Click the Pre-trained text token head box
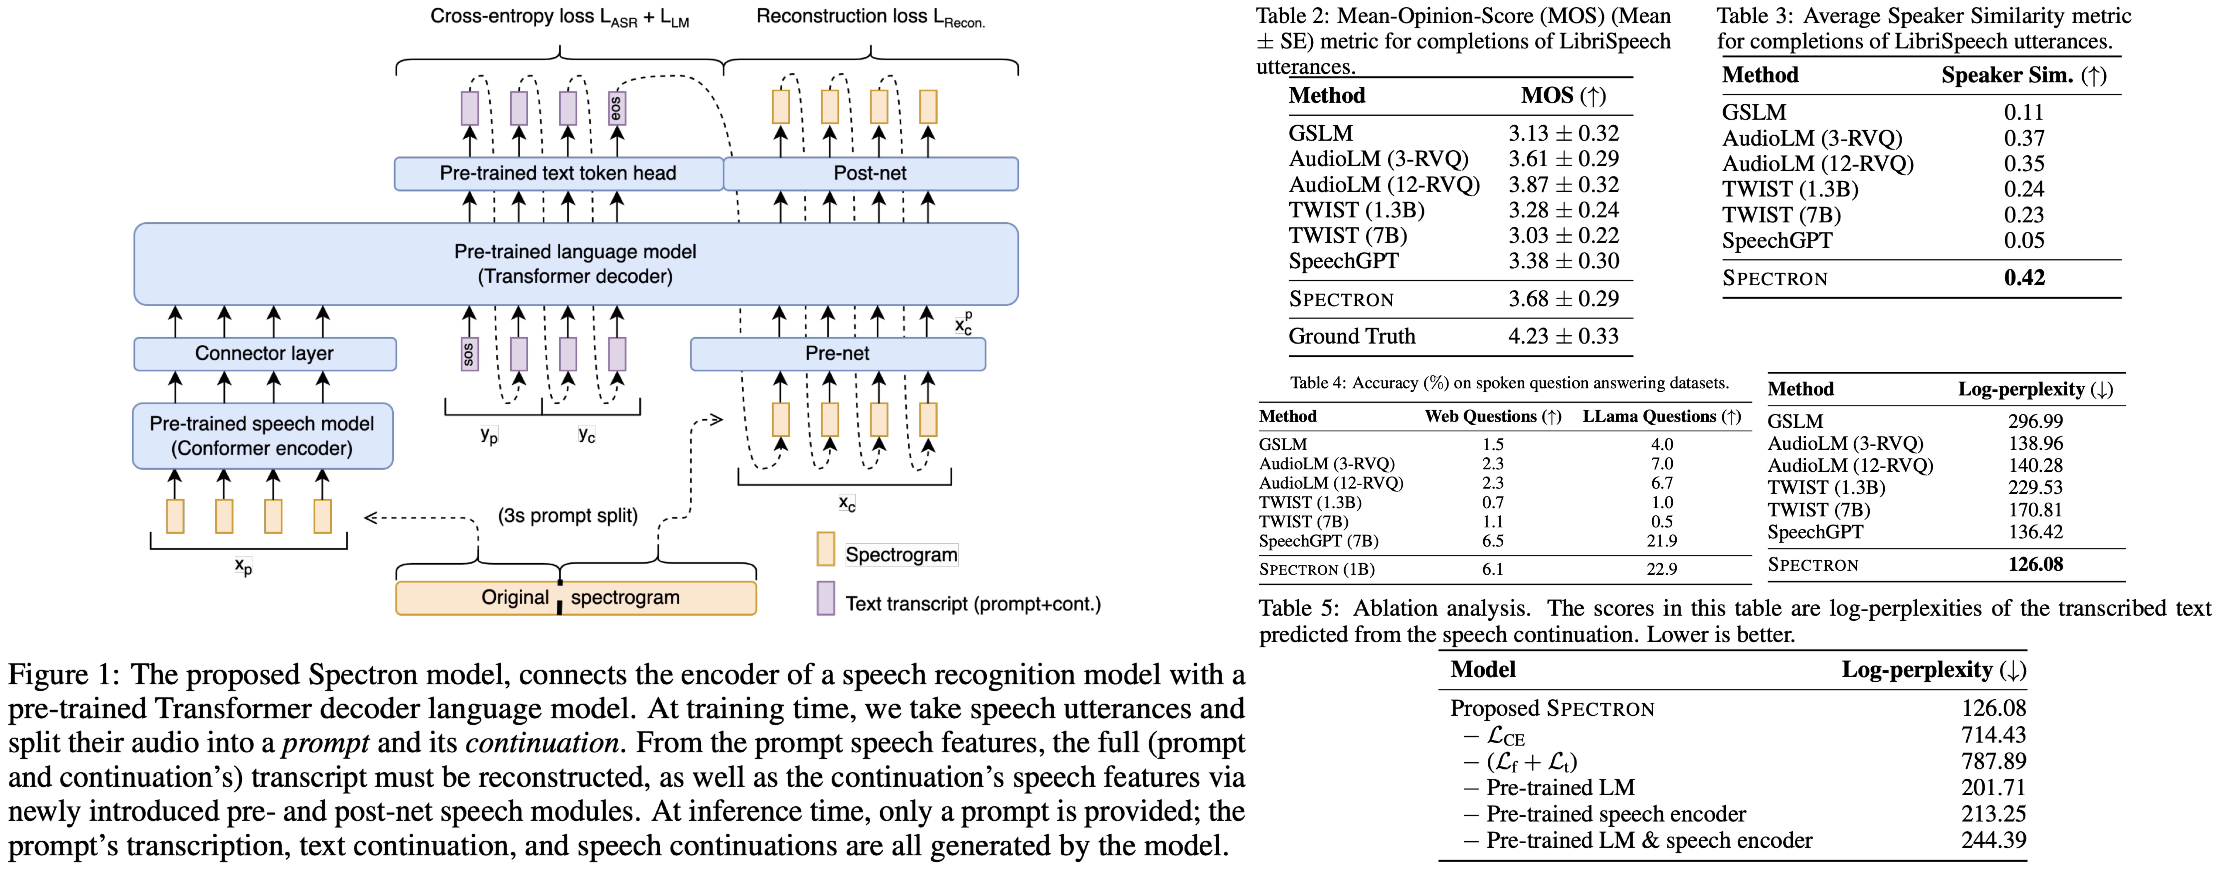[558, 173]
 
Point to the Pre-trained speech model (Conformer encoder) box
[262, 436]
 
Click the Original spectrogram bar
[576, 598]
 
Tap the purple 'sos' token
[469, 353]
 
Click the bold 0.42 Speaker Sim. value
[2023, 277]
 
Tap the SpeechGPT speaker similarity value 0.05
[2023, 240]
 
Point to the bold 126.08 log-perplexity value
[2036, 564]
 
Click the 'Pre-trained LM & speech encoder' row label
[1649, 841]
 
